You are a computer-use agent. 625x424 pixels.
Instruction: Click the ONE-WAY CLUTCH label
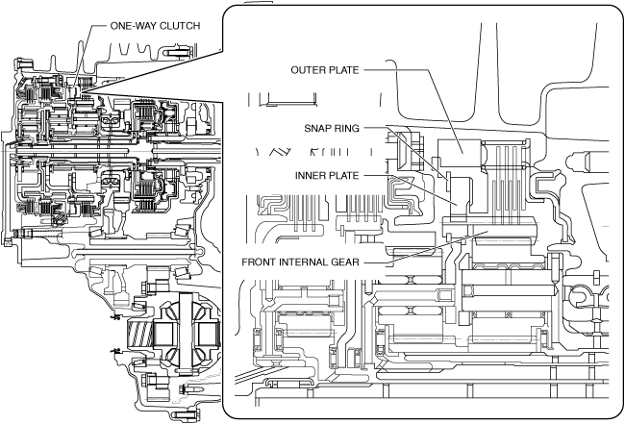148,26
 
